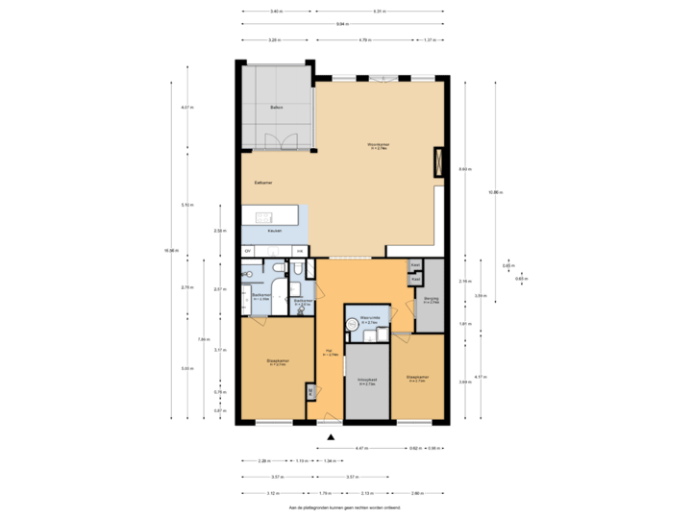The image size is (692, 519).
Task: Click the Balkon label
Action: click(276, 108)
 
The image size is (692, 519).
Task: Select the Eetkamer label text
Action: click(264, 182)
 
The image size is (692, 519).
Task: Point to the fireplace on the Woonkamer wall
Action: click(439, 161)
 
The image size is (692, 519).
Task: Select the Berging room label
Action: click(431, 301)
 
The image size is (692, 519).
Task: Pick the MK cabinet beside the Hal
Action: click(309, 391)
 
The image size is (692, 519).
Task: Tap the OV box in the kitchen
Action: click(248, 251)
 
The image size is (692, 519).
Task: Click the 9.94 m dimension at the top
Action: click(342, 23)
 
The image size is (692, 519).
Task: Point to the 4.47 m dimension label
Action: click(362, 448)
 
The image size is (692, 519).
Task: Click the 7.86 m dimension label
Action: click(203, 338)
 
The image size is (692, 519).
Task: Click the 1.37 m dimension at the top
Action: click(430, 40)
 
